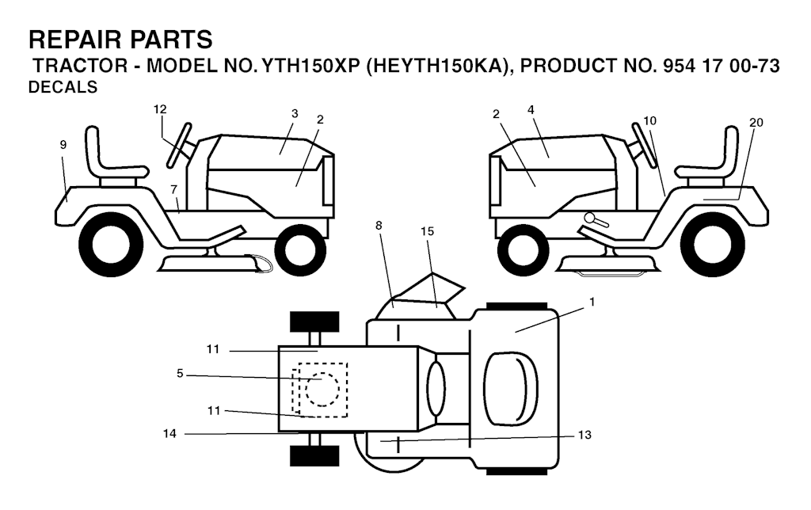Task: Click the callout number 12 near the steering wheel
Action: click(160, 109)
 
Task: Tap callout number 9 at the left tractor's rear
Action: click(63, 145)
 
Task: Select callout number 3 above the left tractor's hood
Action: click(295, 114)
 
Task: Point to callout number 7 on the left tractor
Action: click(173, 190)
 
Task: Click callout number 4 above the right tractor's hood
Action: click(531, 109)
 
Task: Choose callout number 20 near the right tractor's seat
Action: click(756, 123)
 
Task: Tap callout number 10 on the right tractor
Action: click(649, 120)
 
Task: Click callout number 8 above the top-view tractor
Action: click(379, 226)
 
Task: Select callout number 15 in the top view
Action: click(427, 231)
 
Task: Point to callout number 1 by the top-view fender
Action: click(592, 302)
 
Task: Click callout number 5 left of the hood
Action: click(180, 374)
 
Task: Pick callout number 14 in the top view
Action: click(169, 433)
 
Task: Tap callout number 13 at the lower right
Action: click(584, 435)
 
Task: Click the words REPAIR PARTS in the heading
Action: click(120, 40)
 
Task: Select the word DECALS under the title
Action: click(63, 87)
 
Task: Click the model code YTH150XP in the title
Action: click(310, 67)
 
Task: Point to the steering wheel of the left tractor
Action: click(179, 146)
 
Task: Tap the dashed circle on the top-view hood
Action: click(322, 389)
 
